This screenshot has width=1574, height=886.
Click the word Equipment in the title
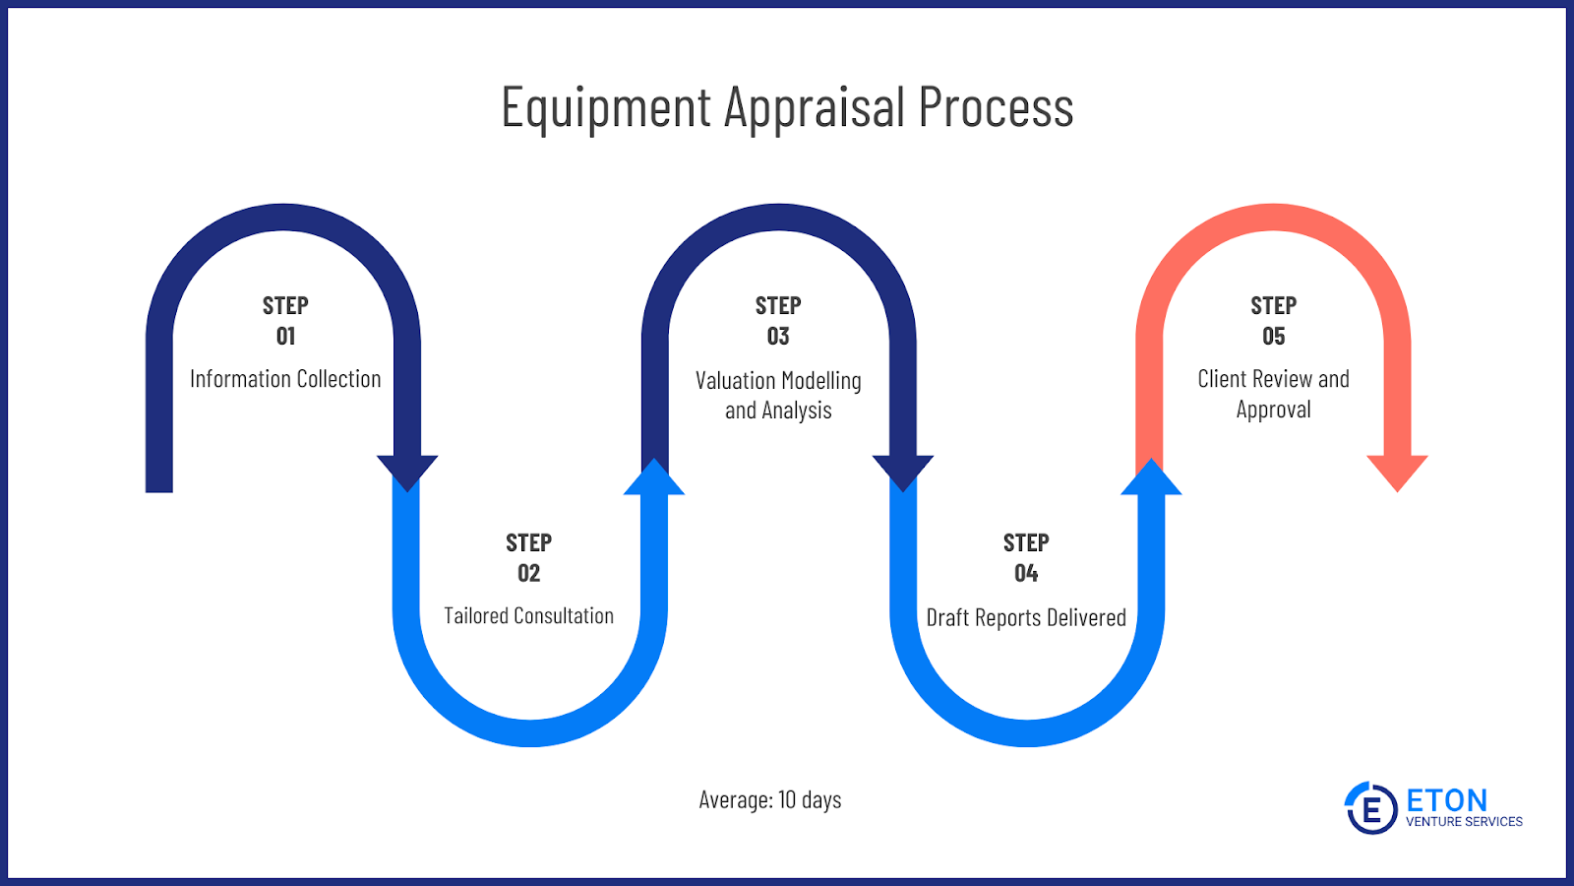(x=606, y=108)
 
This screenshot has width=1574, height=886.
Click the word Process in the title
(x=997, y=106)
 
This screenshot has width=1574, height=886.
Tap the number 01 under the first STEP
(x=285, y=336)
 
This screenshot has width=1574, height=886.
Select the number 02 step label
(x=529, y=573)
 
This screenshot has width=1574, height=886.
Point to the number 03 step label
(x=778, y=336)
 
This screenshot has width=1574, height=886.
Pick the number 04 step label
(x=1026, y=573)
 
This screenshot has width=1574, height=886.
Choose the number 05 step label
(x=1273, y=336)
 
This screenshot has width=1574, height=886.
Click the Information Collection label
(x=285, y=379)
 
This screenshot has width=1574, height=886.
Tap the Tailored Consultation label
(x=528, y=616)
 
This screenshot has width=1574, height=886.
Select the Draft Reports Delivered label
(x=1026, y=617)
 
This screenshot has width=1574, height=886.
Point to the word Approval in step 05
(x=1273, y=410)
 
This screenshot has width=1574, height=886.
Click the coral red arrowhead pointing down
(x=1397, y=473)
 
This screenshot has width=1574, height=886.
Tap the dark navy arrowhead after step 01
(x=407, y=473)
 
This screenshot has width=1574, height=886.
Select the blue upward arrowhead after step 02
(x=654, y=477)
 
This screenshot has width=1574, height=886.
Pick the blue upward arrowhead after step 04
(x=1151, y=477)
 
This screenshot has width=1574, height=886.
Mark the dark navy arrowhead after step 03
(x=903, y=473)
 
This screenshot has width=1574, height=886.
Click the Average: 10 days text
(x=770, y=800)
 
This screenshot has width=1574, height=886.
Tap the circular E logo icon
(x=1371, y=808)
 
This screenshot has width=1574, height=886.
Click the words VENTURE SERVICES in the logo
(x=1464, y=821)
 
